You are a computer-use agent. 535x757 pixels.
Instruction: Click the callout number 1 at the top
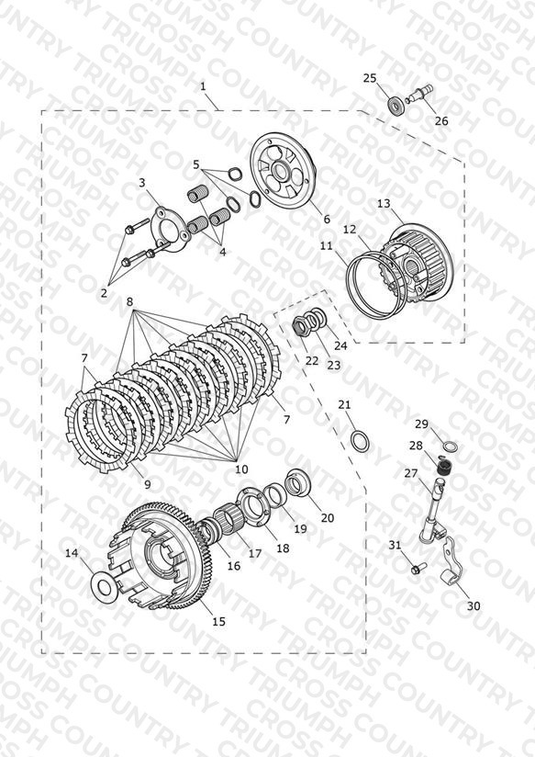pos(203,86)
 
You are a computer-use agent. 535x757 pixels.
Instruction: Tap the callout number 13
pos(384,204)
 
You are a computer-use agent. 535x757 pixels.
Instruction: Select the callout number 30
pos(474,605)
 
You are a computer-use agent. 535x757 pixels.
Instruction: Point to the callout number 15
pos(218,621)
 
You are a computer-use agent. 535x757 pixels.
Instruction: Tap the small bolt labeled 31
pos(417,569)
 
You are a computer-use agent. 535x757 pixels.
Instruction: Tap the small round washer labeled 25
pos(396,105)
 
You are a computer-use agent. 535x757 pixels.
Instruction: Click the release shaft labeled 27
pos(431,508)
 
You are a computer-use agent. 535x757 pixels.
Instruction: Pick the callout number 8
pos(129,302)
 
